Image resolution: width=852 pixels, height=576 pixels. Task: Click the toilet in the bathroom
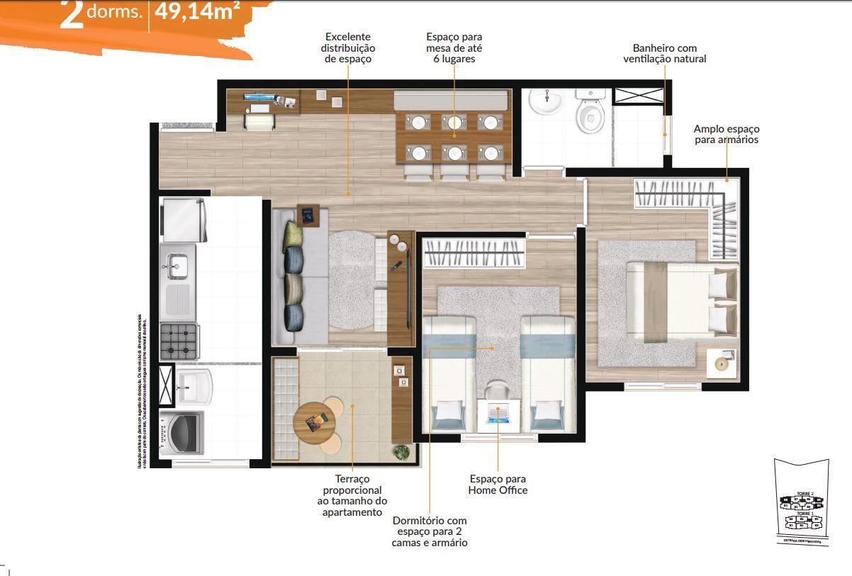[x=588, y=114]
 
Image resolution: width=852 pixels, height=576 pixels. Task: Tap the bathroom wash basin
[x=546, y=103]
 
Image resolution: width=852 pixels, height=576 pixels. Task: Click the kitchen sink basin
[x=174, y=266]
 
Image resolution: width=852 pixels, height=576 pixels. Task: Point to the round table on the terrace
[x=315, y=424]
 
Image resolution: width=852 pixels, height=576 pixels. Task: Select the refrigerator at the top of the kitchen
[x=183, y=220]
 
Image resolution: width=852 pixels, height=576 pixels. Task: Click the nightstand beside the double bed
[x=722, y=363]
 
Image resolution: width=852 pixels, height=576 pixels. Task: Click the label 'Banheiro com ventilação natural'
[x=664, y=54]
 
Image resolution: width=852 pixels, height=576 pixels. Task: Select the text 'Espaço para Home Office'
[x=498, y=485]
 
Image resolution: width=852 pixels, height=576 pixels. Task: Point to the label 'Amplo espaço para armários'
[x=726, y=135]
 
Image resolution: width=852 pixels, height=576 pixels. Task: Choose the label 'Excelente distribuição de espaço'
[x=347, y=47]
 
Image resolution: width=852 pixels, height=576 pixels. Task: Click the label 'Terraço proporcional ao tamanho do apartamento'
[x=352, y=496]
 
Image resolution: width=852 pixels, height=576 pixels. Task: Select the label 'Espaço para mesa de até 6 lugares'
[x=454, y=47]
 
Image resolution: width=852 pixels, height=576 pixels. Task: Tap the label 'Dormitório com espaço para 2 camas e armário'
[x=429, y=531]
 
